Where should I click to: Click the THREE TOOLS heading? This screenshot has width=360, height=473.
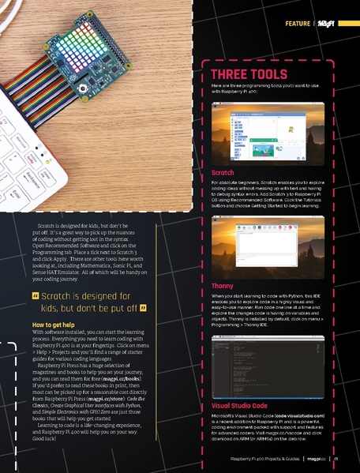pos(249,74)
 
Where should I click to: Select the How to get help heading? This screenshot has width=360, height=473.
pos(54,347)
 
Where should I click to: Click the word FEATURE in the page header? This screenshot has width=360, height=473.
pos(297,23)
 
